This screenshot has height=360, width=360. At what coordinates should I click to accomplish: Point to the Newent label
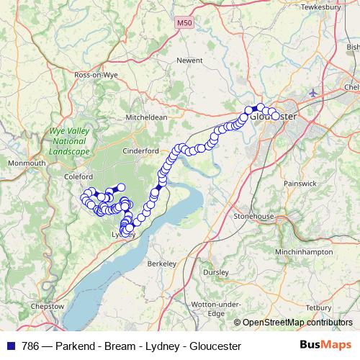pos(190,60)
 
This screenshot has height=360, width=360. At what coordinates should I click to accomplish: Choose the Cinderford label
pos(140,151)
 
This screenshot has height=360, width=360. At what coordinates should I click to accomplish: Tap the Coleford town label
pos(78,176)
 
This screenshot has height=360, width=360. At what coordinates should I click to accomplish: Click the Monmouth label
pos(26,163)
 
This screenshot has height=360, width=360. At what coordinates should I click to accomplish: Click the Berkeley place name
pos(161,264)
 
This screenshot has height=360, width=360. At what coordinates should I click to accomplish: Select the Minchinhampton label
pos(304,252)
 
